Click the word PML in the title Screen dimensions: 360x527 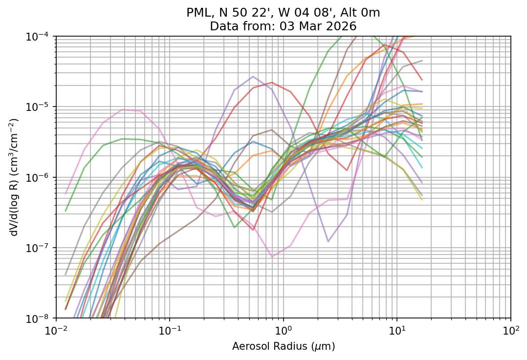coord(198,13)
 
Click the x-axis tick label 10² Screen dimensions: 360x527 coord(511,330)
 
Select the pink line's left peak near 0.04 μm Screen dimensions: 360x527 coord(123,109)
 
